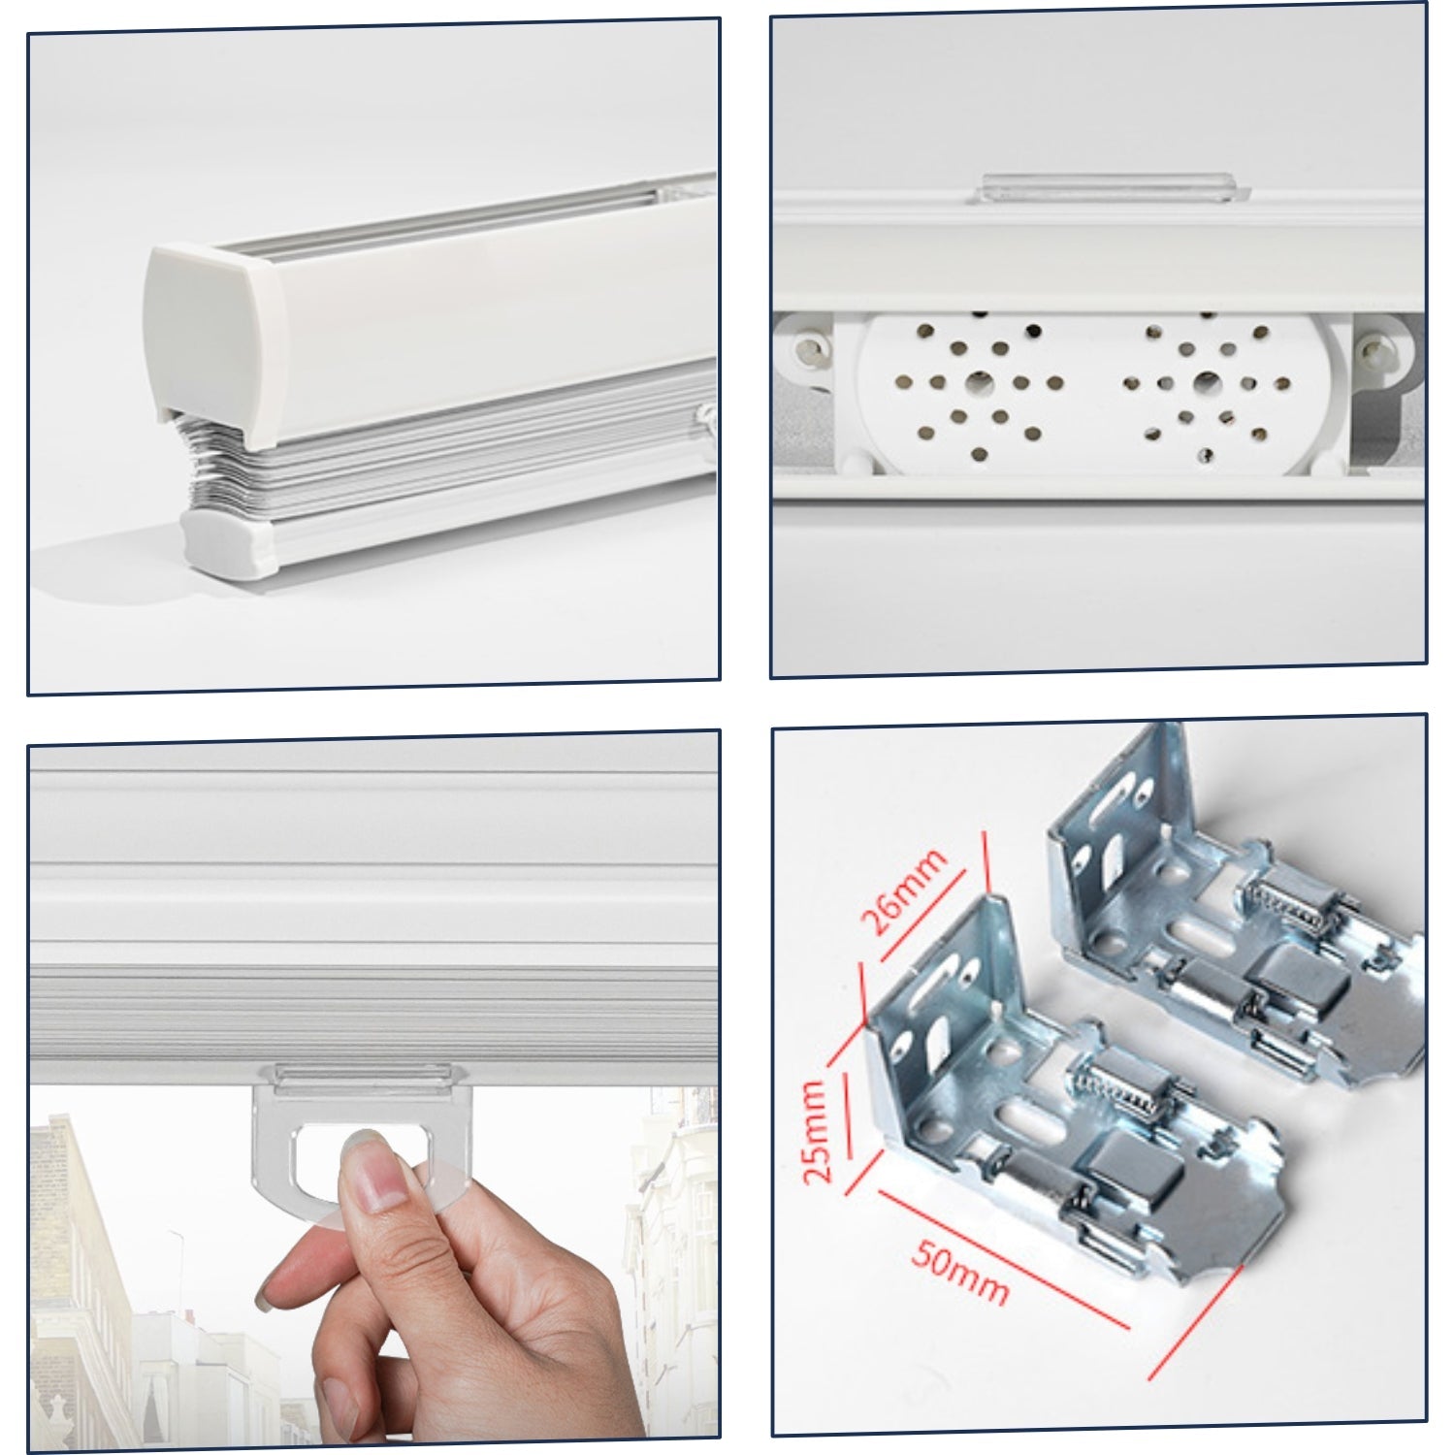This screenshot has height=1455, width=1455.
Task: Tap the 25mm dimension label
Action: click(817, 1130)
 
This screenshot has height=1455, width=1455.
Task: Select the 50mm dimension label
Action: click(959, 1272)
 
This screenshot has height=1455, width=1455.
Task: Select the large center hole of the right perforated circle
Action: click(1206, 381)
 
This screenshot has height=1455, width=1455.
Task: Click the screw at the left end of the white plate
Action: click(805, 346)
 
